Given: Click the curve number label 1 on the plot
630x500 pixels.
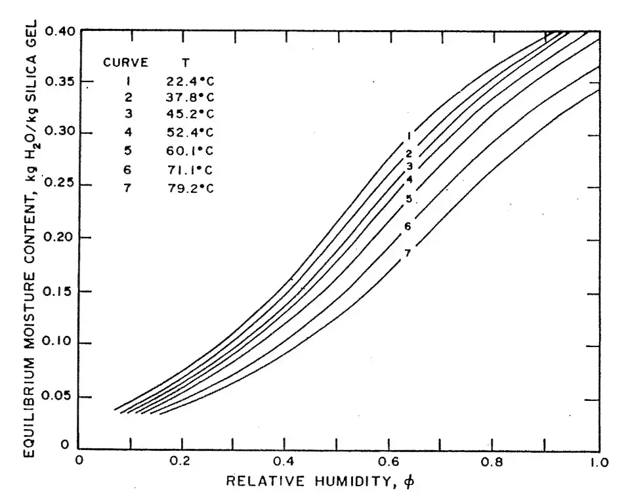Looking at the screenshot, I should pyautogui.click(x=408, y=136).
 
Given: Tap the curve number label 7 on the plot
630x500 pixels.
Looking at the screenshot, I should pyautogui.click(x=408, y=253).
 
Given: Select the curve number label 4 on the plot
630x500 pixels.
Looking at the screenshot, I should pyautogui.click(x=408, y=179).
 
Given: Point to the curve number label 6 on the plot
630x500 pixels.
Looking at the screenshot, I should pyautogui.click(x=408, y=227).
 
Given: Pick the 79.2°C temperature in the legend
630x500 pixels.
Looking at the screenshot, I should pyautogui.click(x=190, y=188).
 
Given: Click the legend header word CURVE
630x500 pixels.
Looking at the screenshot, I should pyautogui.click(x=126, y=63).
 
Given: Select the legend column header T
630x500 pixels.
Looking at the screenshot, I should pyautogui.click(x=186, y=63).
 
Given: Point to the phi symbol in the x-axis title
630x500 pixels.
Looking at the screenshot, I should pyautogui.click(x=410, y=482).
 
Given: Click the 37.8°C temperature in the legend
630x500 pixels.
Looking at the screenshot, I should pyautogui.click(x=190, y=98).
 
